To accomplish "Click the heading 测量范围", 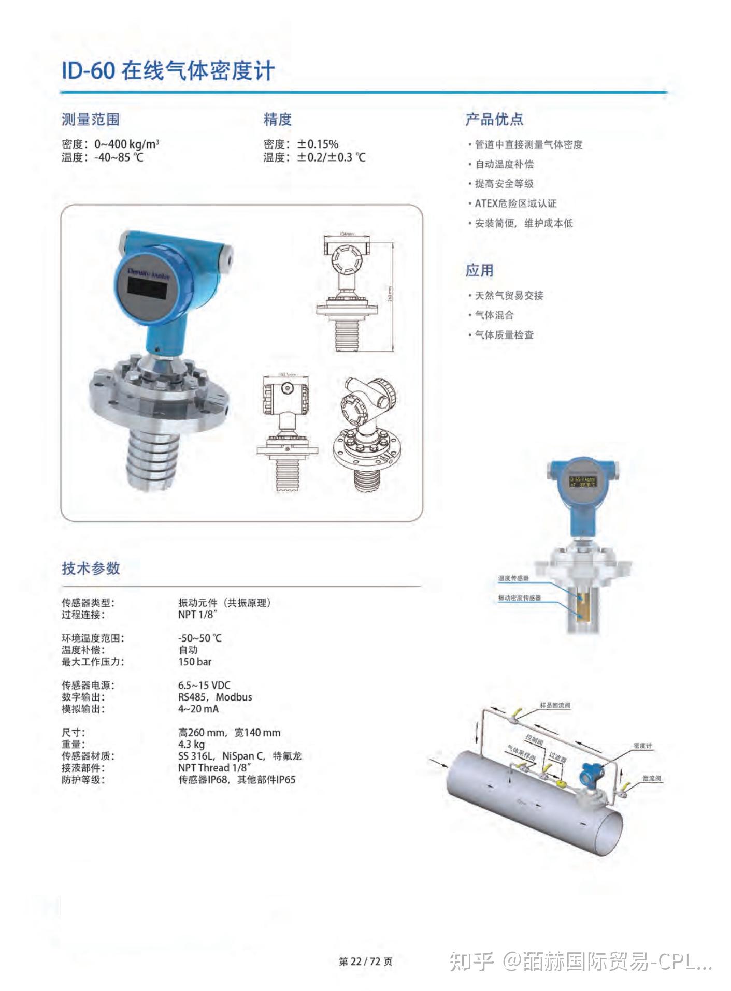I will tap(91, 120).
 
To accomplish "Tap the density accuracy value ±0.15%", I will tap(317, 144).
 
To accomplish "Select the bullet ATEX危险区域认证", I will tap(515, 203).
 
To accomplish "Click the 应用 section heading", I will tap(479, 270).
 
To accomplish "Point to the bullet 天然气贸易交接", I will tap(509, 296).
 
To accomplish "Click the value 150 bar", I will tap(195, 662).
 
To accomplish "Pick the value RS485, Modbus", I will tap(215, 697).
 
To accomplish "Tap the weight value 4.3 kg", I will tap(191, 745).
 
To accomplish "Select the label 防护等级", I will tap(83, 780).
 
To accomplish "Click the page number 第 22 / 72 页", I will tap(365, 961).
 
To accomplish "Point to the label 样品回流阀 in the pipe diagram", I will tap(555, 705).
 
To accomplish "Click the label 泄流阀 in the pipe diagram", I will tap(651, 778).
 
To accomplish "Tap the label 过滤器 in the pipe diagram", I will tap(558, 757).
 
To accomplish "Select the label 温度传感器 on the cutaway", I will tap(513, 578).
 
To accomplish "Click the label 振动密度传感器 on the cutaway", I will tap(519, 597).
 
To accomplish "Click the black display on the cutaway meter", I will tap(582, 482).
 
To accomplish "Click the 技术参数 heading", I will tap(91, 568).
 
